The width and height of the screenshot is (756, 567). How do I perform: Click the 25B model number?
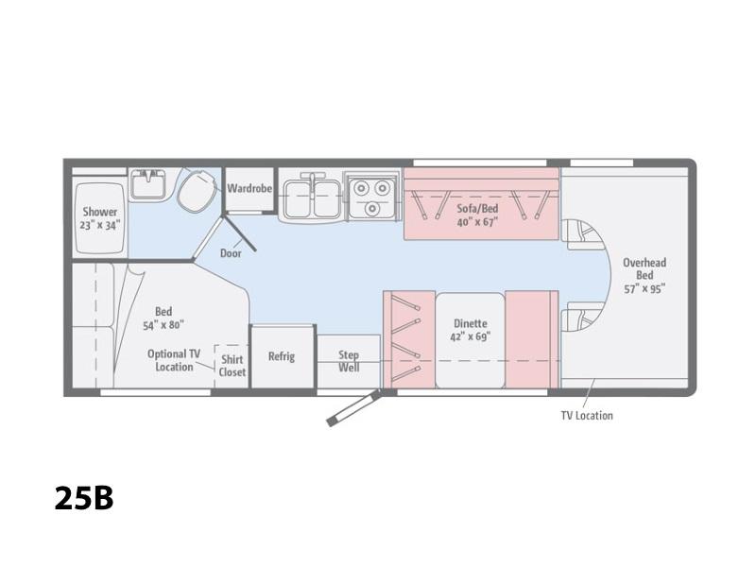pos(84,498)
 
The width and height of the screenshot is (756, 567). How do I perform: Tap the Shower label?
pos(100,212)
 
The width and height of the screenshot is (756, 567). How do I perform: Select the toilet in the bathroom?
pos(198,190)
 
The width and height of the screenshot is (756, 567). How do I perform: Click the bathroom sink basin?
pos(148,184)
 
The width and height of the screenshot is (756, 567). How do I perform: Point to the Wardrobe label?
pos(249,188)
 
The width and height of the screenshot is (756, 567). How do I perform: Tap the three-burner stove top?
pos(372,197)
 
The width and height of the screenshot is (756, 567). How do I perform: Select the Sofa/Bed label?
pos(477,209)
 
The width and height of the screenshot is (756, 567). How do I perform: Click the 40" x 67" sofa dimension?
pos(477,222)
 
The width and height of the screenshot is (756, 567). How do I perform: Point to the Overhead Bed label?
pos(644,269)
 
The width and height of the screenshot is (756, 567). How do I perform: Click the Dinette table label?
pos(470,323)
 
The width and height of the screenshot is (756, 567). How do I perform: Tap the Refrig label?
pos(282,356)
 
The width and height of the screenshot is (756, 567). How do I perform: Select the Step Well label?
pos(349,361)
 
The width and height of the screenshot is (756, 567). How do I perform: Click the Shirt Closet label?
pos(232,366)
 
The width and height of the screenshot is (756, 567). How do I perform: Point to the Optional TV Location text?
pos(174,360)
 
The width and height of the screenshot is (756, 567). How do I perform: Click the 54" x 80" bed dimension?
pos(163,325)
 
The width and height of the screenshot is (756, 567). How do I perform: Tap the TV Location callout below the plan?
pos(587,416)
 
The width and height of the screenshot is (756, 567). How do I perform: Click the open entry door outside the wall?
pos(353,408)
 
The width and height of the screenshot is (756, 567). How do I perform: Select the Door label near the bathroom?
pos(231,253)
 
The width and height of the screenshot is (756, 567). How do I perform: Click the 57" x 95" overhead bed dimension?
pos(644,289)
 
